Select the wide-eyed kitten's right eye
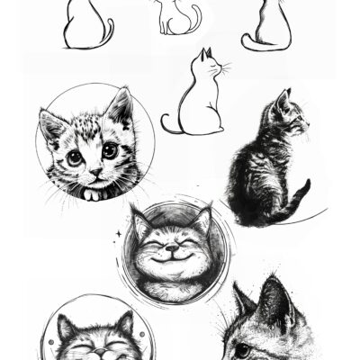click(x=109, y=150)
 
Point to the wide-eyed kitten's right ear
click(x=120, y=107)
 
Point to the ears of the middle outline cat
click(x=206, y=53)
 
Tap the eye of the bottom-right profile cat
click(x=244, y=348)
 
